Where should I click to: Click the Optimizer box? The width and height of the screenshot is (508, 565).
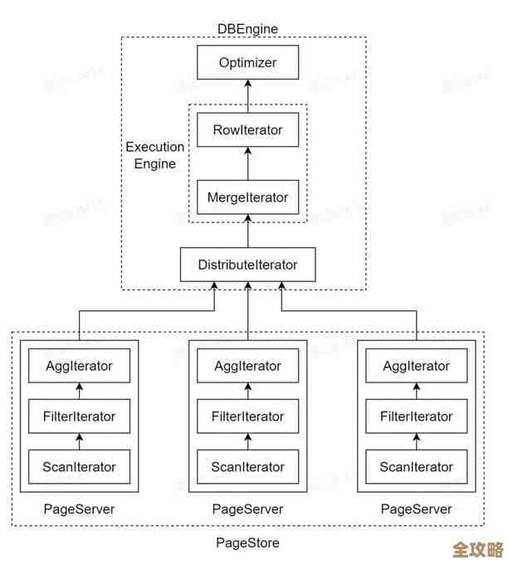pos(247,62)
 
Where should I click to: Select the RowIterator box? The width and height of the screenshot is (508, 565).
pos(247,130)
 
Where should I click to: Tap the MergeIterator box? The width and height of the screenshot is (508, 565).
pos(247,197)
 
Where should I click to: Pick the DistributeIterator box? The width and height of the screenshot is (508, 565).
pos(247,265)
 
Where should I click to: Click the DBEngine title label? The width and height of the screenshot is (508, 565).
pos(247,29)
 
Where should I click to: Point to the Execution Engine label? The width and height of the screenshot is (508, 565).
pos(155,155)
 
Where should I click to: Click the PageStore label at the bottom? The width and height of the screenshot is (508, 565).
pos(247,543)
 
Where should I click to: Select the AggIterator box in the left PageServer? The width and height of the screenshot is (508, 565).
pos(79,366)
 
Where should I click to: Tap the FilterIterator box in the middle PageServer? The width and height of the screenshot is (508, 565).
pos(247,416)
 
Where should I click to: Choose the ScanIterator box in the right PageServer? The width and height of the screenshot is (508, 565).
pos(417,467)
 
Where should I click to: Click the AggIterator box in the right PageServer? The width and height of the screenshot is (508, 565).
pos(417,366)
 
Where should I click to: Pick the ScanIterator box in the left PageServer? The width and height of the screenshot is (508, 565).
pos(79,467)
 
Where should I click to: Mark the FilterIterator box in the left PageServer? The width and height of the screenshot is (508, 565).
pos(79,416)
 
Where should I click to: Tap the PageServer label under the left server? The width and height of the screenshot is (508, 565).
pos(79,509)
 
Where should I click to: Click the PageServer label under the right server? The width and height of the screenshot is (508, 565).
pos(417,509)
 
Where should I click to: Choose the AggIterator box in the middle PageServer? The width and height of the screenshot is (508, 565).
pos(247,366)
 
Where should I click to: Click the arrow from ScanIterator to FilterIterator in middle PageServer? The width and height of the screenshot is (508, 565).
pos(247,441)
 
